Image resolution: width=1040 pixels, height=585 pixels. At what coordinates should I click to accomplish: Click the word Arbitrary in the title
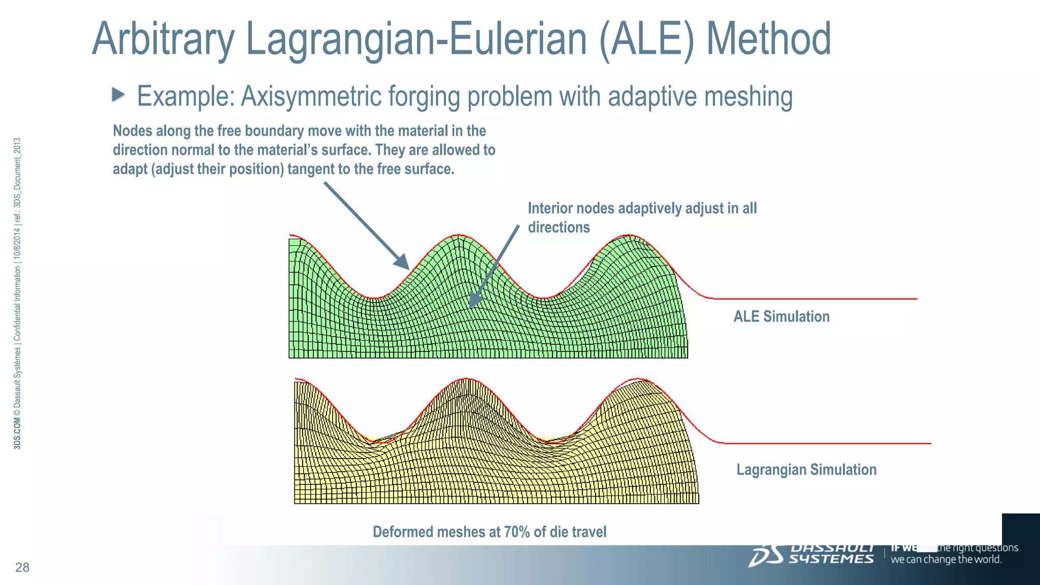tap(162, 40)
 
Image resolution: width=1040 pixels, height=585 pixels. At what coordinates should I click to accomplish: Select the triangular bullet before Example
tap(118, 94)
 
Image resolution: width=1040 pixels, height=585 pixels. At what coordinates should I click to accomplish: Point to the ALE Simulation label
tap(781, 316)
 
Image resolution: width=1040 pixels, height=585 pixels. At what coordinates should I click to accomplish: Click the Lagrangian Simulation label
tap(806, 469)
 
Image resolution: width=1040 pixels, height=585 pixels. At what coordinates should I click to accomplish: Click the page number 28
tap(22, 567)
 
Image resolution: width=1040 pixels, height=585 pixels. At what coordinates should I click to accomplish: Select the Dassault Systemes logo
tap(811, 555)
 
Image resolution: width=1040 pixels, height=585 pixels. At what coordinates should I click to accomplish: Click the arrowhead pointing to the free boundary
tap(403, 264)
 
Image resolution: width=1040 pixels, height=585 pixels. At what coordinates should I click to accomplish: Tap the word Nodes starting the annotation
tap(133, 131)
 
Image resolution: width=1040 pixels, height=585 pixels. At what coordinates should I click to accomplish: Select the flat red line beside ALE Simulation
tap(812, 299)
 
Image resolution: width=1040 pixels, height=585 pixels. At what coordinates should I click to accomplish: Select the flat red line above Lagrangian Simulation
tap(828, 443)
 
